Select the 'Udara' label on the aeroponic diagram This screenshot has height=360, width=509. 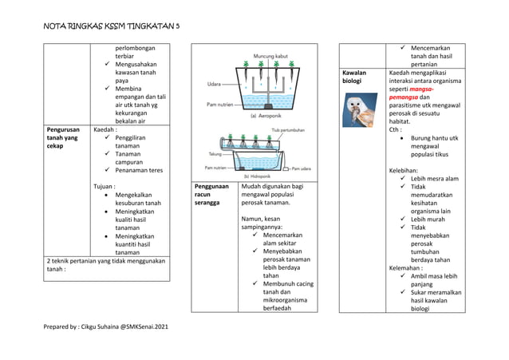215,83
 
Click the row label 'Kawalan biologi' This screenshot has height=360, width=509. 355,77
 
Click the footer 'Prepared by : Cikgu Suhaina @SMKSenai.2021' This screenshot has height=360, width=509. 105,327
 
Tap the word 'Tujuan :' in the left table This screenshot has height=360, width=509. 108,186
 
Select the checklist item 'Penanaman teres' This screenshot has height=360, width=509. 138,169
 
